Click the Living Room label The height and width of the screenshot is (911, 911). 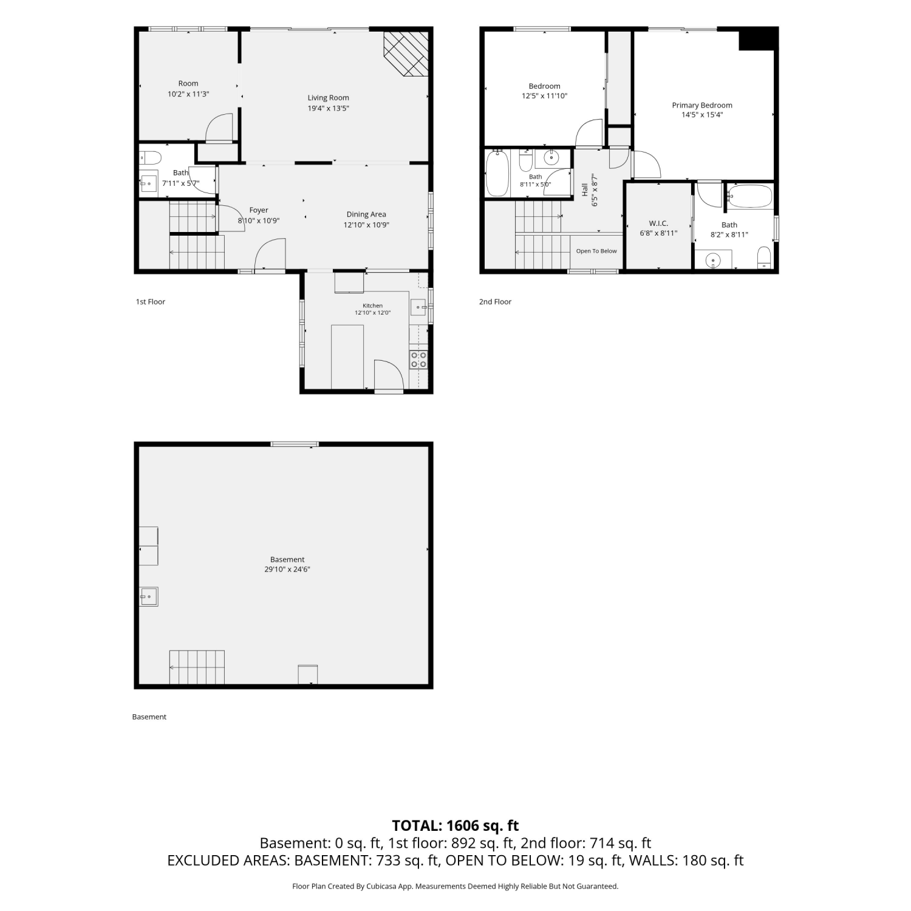point(328,98)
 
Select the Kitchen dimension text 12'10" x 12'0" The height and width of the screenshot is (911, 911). point(372,313)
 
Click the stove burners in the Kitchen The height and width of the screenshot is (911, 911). point(418,360)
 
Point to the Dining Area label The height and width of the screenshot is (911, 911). point(366,214)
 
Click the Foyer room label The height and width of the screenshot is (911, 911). point(259,210)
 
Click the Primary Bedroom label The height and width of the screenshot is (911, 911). point(702,105)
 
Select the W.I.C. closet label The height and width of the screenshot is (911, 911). point(658,223)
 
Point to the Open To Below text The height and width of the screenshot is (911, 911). point(596,251)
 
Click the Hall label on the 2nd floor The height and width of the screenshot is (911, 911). point(585,189)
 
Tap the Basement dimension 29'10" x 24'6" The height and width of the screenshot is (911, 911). point(287,570)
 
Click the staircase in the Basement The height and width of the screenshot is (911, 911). point(197,667)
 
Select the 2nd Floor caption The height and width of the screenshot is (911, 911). point(495,302)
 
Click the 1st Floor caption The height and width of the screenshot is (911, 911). point(151,302)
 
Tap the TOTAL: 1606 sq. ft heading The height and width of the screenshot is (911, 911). point(455,825)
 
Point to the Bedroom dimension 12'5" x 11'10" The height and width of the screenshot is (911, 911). point(544,96)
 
